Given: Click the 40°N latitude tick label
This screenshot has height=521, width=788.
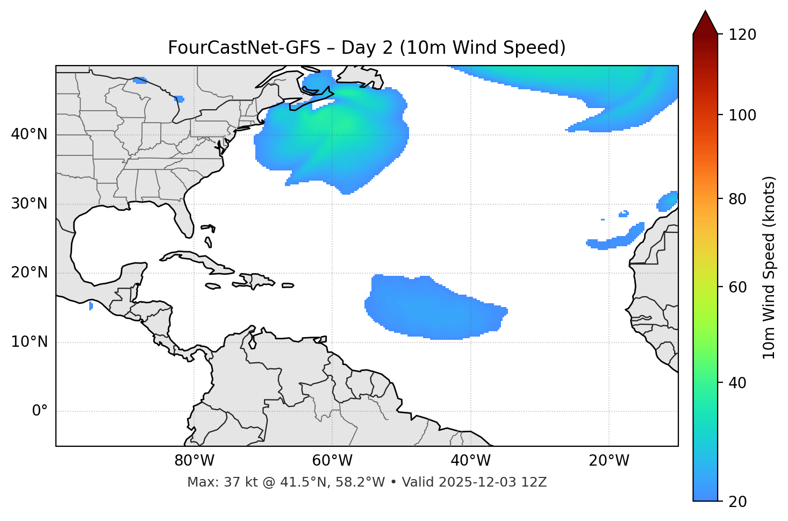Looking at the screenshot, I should [x=29, y=134].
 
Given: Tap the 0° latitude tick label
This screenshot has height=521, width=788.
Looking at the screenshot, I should [x=40, y=411].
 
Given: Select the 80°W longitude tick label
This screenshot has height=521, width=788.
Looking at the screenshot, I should [x=194, y=461].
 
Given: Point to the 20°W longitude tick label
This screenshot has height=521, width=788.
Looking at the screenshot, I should [x=609, y=461].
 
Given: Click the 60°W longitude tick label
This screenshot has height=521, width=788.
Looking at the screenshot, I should [x=332, y=461].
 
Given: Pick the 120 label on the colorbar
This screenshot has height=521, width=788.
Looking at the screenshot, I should [x=742, y=35].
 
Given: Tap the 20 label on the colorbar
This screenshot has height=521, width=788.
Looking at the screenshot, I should [x=737, y=502].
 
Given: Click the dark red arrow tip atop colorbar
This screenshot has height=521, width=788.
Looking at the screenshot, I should [x=705, y=22].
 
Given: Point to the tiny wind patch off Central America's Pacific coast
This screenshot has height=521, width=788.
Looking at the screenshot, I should [x=91, y=306].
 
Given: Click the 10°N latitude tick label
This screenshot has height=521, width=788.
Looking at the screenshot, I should [x=29, y=342].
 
